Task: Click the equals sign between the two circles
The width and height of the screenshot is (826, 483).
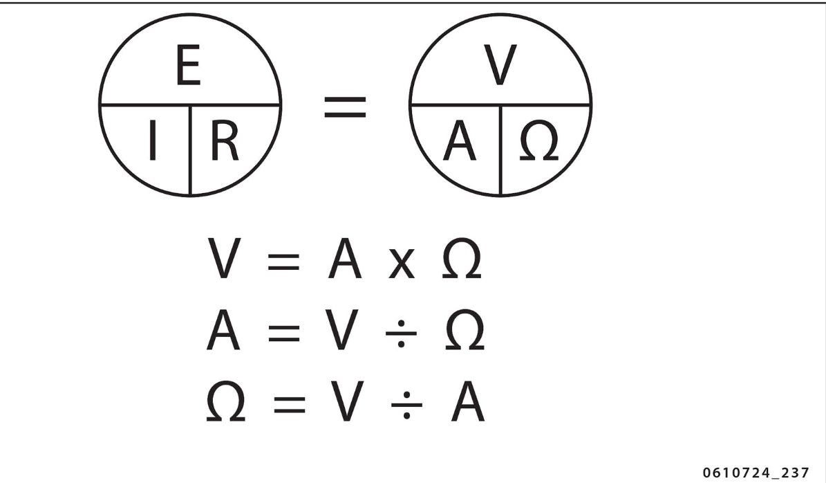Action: point(345,107)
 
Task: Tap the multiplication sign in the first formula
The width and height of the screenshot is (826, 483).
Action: point(401,266)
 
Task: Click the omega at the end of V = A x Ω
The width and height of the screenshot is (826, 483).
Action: point(461,259)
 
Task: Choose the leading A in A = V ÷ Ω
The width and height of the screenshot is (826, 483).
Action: point(223,330)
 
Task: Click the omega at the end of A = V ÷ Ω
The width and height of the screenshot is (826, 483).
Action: point(464,330)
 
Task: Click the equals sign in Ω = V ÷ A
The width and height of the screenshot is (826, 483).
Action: point(289,405)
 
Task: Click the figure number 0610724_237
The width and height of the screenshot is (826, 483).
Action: point(755,473)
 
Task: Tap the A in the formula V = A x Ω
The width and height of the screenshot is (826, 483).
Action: point(345,259)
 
